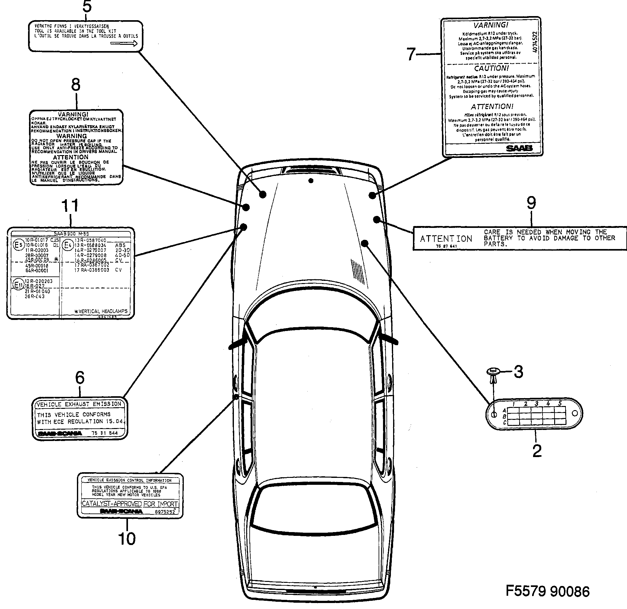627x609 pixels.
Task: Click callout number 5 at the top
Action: [x=87, y=7]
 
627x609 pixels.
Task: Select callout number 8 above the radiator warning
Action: [x=76, y=85]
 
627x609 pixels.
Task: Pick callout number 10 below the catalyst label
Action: [x=127, y=539]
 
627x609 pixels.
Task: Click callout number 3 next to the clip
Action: [x=519, y=372]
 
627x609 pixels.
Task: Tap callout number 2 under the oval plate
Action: [x=537, y=451]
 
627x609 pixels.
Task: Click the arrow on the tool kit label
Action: [x=124, y=43]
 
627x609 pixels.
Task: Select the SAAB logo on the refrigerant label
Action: [x=519, y=148]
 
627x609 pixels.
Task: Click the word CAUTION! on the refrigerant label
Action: [x=491, y=68]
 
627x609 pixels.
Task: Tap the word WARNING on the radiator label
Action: [x=72, y=136]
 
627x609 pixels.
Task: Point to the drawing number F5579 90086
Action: [x=547, y=591]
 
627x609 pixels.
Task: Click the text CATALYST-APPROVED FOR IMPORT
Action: [x=130, y=504]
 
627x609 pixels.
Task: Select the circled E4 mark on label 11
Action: [x=67, y=245]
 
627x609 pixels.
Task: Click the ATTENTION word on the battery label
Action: [x=446, y=239]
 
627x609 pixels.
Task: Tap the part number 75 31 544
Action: [x=105, y=433]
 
